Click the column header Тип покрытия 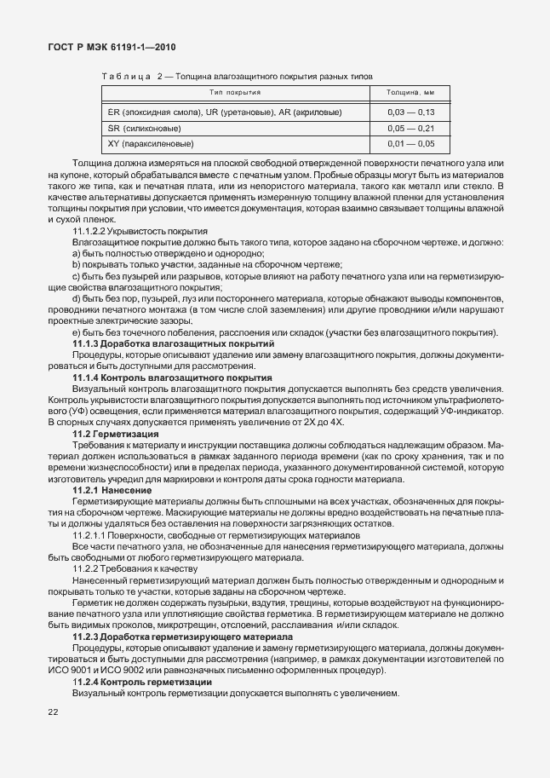point(235,91)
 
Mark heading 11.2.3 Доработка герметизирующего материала point(183,636)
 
